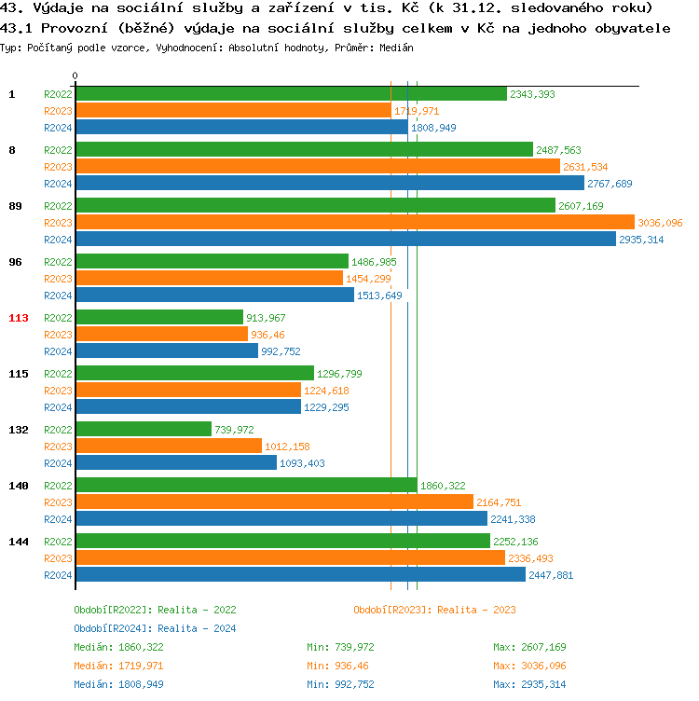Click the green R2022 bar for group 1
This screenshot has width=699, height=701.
click(x=292, y=94)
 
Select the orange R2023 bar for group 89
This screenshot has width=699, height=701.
click(x=355, y=222)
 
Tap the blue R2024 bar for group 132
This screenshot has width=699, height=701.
click(x=176, y=462)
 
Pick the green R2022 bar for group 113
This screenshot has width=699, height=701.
click(x=159, y=318)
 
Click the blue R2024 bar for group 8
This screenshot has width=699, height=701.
click(x=330, y=184)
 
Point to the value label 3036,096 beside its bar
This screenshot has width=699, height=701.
click(x=660, y=223)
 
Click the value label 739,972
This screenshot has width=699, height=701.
click(x=234, y=430)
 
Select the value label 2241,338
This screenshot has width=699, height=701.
click(x=513, y=519)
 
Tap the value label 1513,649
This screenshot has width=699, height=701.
click(x=379, y=296)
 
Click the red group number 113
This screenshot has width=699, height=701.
click(x=19, y=318)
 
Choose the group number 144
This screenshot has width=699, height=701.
click(x=19, y=542)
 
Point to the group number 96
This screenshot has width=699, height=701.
click(x=15, y=262)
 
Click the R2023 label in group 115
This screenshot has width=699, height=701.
click(x=58, y=391)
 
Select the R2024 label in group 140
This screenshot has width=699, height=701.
click(x=58, y=519)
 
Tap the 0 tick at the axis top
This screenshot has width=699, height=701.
click(x=75, y=76)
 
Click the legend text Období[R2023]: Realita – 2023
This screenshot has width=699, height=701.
click(x=434, y=610)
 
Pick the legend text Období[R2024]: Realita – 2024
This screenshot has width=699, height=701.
click(x=155, y=628)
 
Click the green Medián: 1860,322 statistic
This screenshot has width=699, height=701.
click(x=118, y=647)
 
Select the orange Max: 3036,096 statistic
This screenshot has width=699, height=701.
click(x=529, y=666)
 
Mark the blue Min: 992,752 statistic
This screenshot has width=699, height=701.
click(x=340, y=684)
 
